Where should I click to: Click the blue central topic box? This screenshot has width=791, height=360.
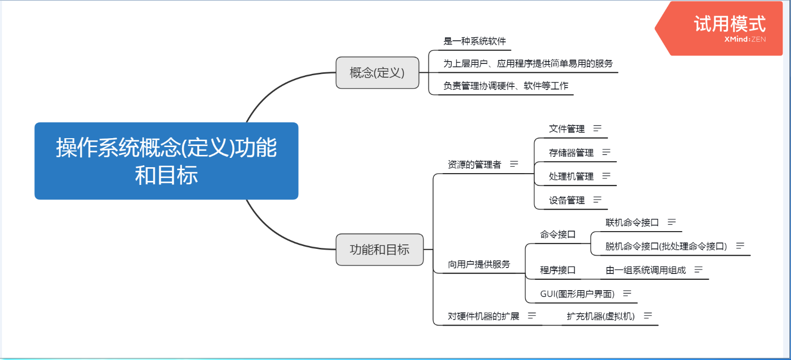coord(166,161)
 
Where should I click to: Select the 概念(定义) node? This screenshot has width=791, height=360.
coord(377,73)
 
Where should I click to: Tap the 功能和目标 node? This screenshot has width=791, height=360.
coord(379,250)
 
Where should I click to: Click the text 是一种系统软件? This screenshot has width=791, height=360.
coord(474,41)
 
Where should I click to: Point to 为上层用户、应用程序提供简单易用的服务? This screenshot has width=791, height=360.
coord(528,63)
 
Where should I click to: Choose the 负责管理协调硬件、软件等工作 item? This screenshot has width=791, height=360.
coord(505,86)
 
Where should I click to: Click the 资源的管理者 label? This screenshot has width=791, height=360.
coord(474,164)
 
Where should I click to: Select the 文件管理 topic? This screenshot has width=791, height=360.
coord(567,129)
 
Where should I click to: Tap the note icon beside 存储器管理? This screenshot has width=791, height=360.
coord(606,152)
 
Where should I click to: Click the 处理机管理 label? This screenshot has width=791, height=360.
coord(571,176)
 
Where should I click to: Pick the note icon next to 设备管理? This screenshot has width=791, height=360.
coord(597,200)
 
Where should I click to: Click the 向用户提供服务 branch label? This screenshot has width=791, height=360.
coord(479,265)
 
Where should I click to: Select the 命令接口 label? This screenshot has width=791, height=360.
coord(557,235)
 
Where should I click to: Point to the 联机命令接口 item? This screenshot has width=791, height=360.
coord(632,223)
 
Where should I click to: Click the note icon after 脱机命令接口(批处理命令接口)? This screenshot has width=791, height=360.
coord(740,246)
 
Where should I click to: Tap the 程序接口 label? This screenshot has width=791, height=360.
coord(557,270)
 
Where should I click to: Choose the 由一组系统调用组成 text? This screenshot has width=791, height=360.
coord(645,270)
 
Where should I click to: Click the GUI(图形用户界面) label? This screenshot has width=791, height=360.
coord(577,294)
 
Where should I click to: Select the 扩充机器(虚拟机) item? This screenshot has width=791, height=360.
coord(600,316)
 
